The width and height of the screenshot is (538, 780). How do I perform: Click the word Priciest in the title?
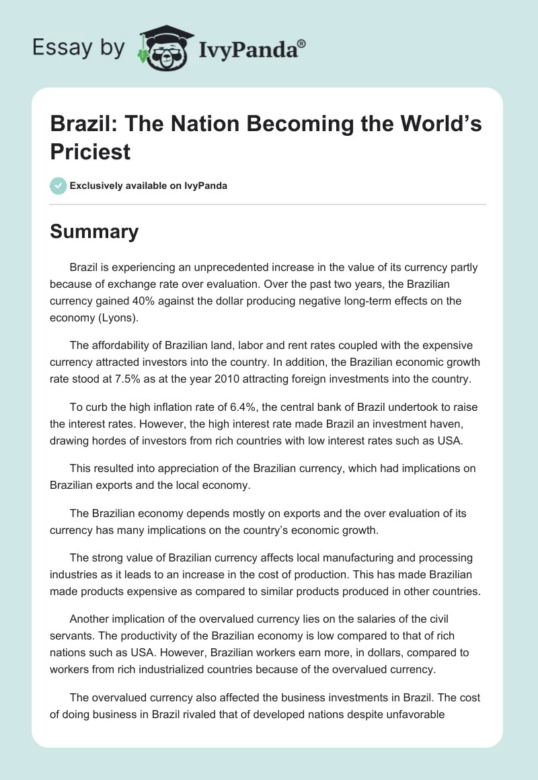91,152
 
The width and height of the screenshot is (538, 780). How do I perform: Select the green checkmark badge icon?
58,186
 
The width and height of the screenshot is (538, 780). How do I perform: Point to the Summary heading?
94,231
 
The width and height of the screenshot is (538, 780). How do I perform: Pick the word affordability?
121,346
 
